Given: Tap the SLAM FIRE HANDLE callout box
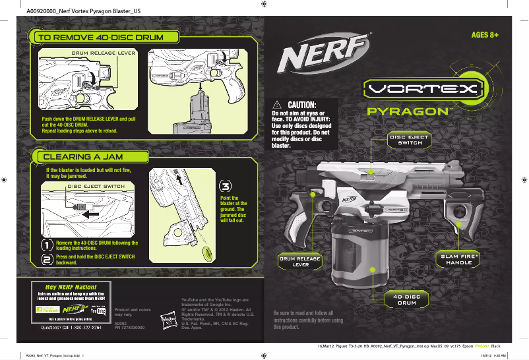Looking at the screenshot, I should click(459, 259).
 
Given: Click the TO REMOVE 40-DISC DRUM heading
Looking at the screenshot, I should click(100, 38).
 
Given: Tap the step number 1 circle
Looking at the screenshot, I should click(47, 244).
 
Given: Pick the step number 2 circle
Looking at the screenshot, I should click(47, 260).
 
